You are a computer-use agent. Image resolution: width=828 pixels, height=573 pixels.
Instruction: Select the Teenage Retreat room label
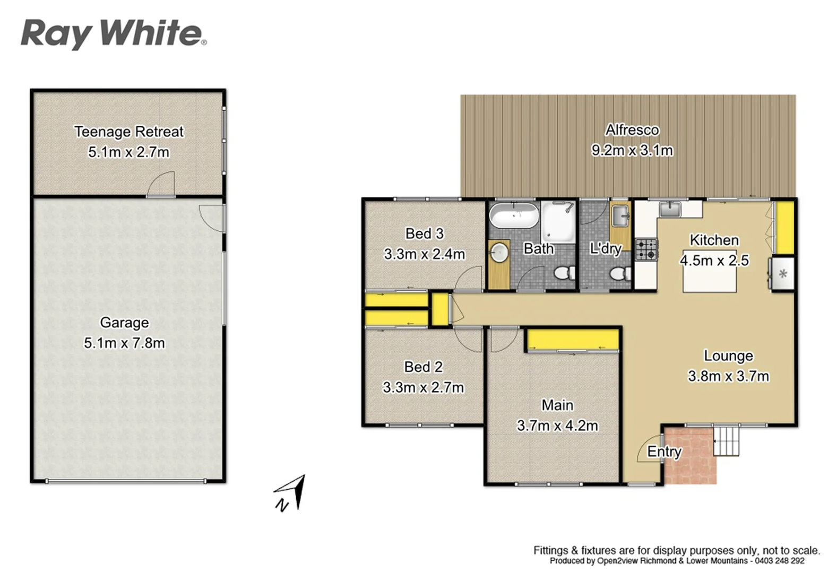click(129, 132)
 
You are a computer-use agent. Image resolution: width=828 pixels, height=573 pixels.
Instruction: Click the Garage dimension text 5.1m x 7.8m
click(124, 343)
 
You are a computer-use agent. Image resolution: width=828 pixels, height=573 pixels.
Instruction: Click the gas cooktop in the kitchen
click(646, 250)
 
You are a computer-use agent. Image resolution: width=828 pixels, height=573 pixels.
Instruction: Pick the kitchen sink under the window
click(670, 209)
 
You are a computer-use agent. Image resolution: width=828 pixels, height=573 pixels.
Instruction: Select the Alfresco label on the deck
click(632, 130)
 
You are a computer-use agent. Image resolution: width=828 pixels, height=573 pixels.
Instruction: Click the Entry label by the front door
click(664, 452)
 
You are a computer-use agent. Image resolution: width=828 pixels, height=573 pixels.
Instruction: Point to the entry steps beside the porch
click(726, 440)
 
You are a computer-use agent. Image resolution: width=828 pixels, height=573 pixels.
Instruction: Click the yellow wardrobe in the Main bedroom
click(573, 340)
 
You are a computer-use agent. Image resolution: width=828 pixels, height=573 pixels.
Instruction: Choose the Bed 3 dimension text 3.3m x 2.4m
click(424, 254)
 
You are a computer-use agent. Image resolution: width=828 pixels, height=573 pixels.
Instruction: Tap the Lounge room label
click(728, 356)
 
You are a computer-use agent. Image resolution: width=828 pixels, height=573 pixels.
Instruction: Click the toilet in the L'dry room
click(618, 274)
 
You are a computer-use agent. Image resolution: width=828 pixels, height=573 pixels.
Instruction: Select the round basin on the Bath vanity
click(499, 253)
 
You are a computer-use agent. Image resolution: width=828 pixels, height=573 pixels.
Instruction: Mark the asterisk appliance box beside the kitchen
click(782, 274)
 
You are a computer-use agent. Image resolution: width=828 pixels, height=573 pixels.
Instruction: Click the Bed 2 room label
click(423, 367)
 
